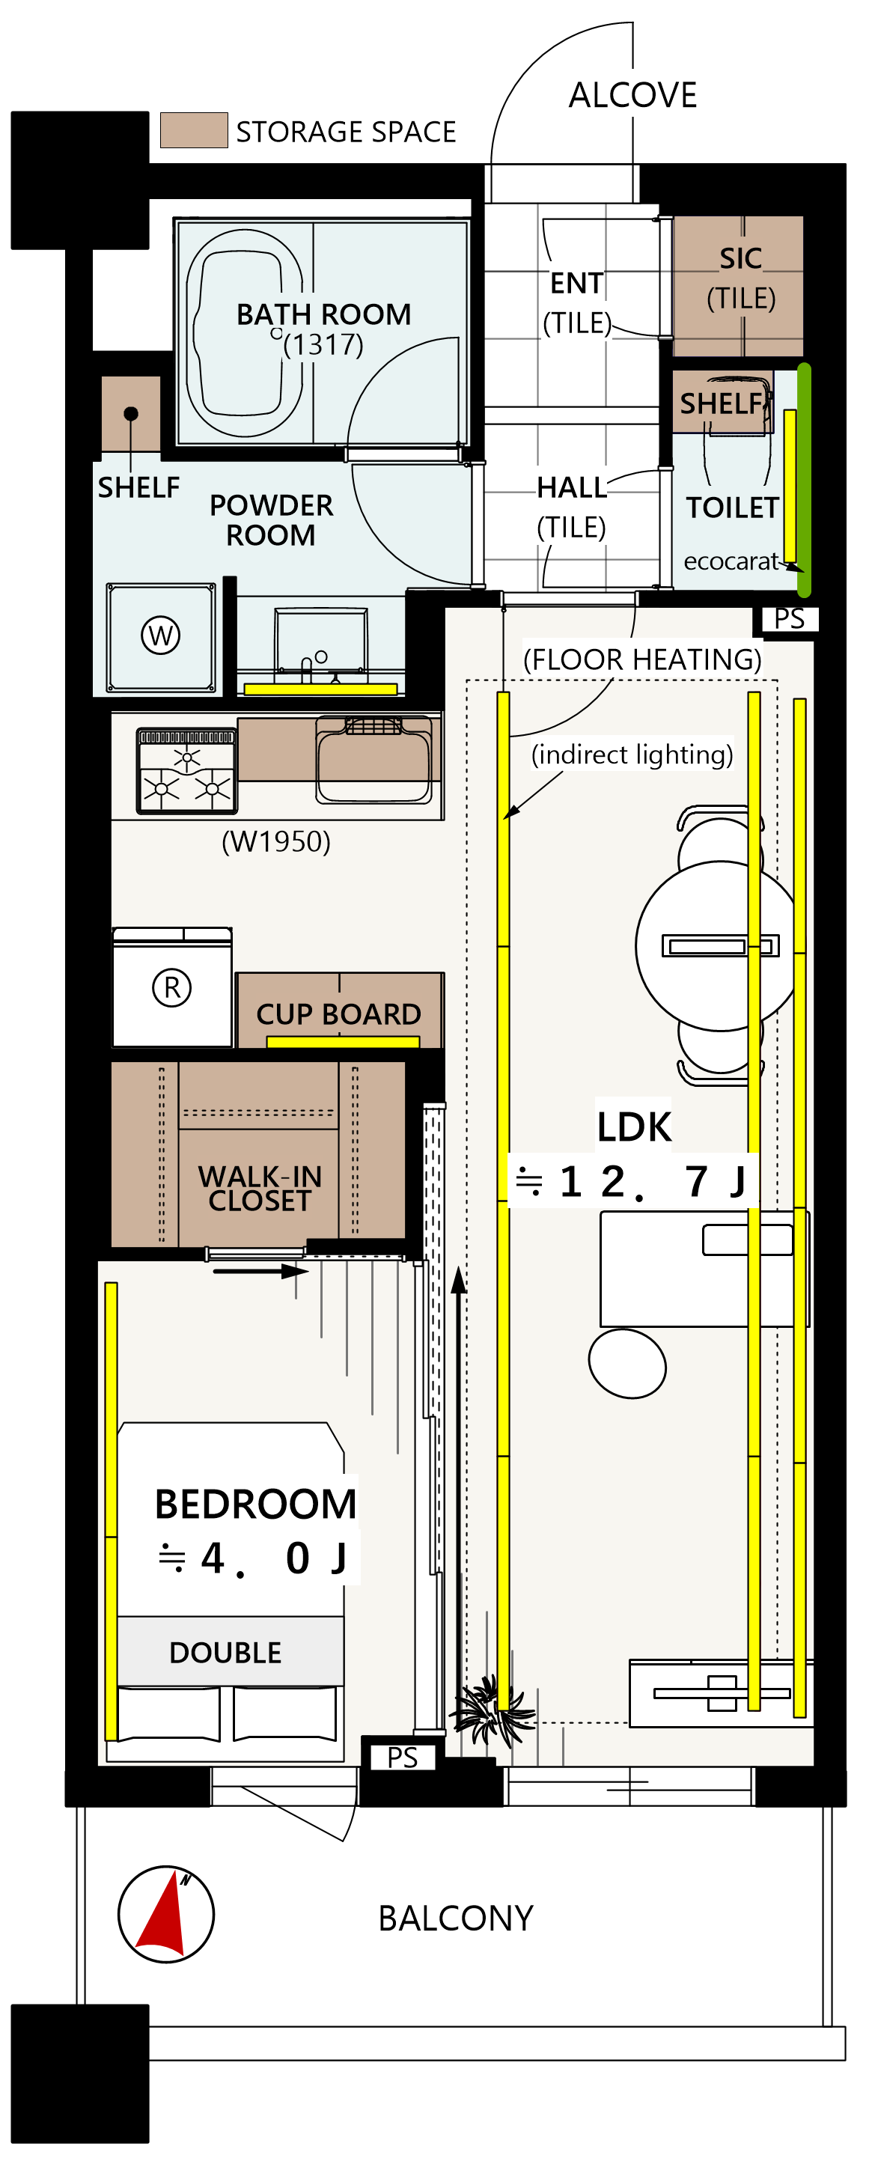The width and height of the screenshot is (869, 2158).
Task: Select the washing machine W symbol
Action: tap(161, 635)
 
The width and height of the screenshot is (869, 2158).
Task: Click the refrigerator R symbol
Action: tap(172, 988)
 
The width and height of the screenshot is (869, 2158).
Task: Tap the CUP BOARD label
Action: tap(338, 1014)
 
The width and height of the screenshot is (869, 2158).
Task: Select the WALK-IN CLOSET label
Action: tap(260, 1189)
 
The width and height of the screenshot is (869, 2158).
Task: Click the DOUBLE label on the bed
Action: tap(225, 1653)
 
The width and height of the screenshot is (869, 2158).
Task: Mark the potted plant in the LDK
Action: tap(492, 1708)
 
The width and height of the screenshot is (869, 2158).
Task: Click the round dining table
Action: tap(717, 946)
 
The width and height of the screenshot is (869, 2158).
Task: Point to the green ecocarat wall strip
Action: tap(804, 469)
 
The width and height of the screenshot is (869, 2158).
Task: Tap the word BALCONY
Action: tap(456, 1918)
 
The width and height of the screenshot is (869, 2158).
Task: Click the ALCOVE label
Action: tap(632, 96)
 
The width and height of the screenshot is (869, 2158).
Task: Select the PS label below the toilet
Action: tap(790, 618)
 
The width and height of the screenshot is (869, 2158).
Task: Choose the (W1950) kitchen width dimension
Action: tap(275, 841)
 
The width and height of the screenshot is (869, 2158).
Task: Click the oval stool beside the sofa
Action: tap(628, 1363)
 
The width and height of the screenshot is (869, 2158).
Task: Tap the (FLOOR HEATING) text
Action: tap(643, 659)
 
